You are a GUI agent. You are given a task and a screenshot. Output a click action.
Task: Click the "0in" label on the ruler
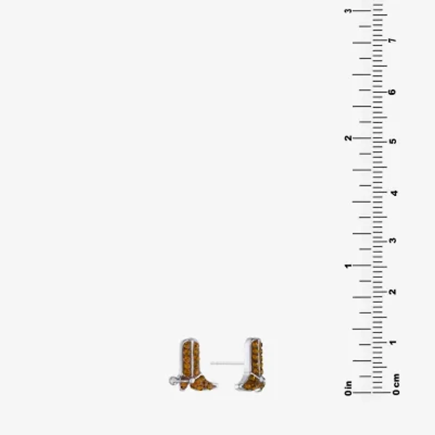348,388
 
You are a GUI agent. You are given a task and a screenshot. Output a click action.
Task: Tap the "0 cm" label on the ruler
396,384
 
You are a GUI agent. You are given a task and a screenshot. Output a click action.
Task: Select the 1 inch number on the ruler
348,266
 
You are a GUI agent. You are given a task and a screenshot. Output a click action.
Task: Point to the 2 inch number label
348,138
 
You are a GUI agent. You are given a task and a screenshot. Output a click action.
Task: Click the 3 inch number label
348,11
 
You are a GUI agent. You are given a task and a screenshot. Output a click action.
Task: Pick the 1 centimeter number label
393,343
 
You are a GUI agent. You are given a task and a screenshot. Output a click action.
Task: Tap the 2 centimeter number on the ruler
393,291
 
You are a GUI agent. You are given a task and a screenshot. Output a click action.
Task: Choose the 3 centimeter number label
393,240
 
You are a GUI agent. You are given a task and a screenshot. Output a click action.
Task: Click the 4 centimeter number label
394,193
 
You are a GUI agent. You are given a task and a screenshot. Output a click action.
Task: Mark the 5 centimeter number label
393,141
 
